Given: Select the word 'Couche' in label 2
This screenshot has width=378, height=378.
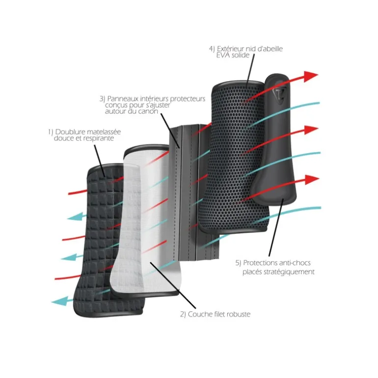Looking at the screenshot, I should tap(199, 314).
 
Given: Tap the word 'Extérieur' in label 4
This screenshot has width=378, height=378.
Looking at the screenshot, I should tap(233, 49).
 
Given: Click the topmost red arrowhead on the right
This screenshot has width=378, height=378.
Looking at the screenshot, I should tap(310, 76).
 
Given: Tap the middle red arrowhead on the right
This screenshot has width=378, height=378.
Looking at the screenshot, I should tap(310, 130).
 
